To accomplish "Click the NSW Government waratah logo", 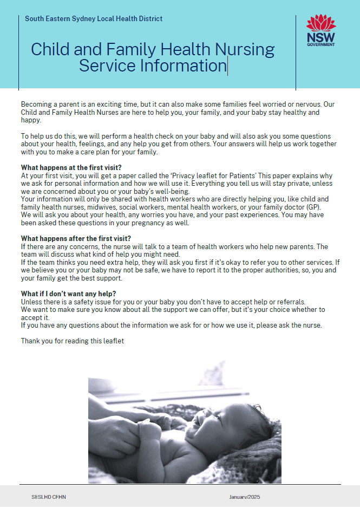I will pyautogui.click(x=320, y=30).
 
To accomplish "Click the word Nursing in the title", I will pyautogui.click(x=245, y=49).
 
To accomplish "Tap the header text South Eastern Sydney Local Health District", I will pyautogui.click(x=94, y=19).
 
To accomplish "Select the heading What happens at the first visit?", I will pyautogui.click(x=71, y=167).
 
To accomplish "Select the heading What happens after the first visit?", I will pyautogui.click(x=76, y=238).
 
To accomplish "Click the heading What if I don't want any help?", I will pyautogui.click(x=68, y=294).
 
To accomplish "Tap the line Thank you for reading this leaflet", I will pyautogui.click(x=73, y=341).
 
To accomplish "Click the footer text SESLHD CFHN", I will pyautogui.click(x=49, y=497).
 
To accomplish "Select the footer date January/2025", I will pyautogui.click(x=245, y=497).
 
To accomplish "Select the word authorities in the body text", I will pyautogui.click(x=250, y=270).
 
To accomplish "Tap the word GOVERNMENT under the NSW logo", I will pyautogui.click(x=320, y=45).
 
